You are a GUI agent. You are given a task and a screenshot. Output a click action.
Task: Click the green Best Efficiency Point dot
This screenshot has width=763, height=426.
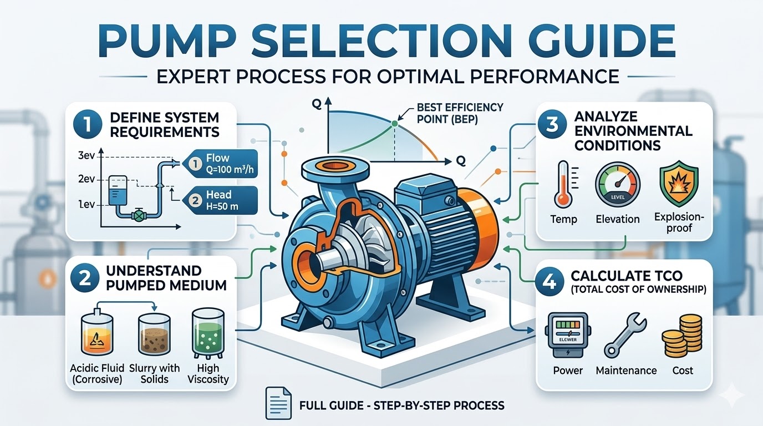click(x=394, y=124)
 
